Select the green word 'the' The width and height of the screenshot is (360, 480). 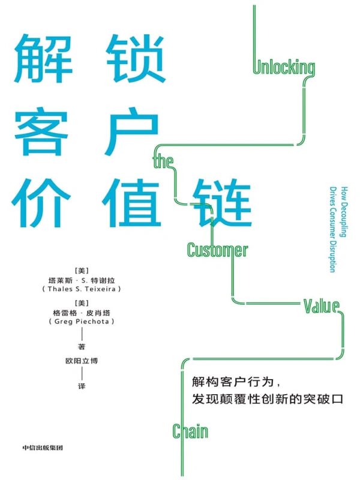(164, 161)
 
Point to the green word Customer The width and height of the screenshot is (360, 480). (217, 249)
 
